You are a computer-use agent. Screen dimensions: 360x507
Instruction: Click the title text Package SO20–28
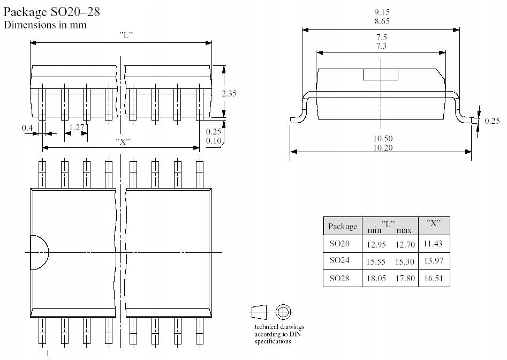coord(51,12)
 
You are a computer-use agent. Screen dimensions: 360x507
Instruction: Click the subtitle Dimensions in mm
coord(45,25)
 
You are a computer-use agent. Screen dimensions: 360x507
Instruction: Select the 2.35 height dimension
coord(229,93)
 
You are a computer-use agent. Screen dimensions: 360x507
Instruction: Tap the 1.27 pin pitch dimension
coord(77,127)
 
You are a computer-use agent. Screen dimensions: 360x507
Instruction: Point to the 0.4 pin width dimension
coord(27,127)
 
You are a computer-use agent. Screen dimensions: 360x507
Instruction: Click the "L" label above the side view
coord(126,35)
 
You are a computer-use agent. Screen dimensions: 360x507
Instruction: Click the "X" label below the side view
coord(123,141)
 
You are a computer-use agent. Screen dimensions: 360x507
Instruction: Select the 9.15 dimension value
coord(381,12)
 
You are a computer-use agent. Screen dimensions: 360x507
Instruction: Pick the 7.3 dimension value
coord(381,47)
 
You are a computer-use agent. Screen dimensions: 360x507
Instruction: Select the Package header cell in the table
coord(342,226)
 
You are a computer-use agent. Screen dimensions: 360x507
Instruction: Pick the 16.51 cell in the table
coord(434,279)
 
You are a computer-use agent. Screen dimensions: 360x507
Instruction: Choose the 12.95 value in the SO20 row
coord(376,244)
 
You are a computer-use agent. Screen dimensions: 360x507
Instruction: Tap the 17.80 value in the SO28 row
coord(405,279)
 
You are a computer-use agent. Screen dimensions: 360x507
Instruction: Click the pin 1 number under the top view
coord(48,353)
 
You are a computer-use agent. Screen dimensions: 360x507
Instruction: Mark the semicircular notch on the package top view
coord(39,252)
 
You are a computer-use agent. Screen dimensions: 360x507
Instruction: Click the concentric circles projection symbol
coord(282,311)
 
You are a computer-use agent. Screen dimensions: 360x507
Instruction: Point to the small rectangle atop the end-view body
coord(381,74)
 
